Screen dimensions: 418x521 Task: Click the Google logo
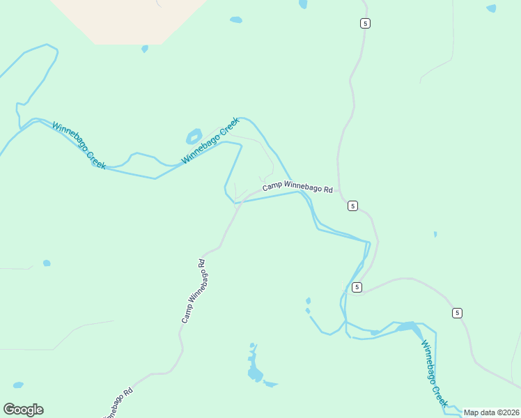[x=23, y=409]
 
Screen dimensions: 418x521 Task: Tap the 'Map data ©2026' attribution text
[x=491, y=412]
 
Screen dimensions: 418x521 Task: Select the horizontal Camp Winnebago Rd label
[x=297, y=189]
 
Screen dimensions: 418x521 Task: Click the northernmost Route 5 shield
[x=365, y=24]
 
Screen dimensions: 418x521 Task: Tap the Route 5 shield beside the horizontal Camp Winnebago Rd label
[x=353, y=206]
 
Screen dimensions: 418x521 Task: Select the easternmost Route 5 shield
[x=456, y=312]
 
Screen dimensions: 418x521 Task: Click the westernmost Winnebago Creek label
[x=79, y=145]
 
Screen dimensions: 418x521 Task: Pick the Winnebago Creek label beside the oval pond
[x=210, y=140]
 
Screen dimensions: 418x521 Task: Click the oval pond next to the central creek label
[x=194, y=134]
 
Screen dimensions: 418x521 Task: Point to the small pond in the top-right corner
[x=491, y=8]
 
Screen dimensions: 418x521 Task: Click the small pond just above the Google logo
[x=18, y=385]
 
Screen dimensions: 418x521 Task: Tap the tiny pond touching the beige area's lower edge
[x=145, y=49]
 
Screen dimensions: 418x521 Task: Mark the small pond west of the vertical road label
[x=47, y=263]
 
